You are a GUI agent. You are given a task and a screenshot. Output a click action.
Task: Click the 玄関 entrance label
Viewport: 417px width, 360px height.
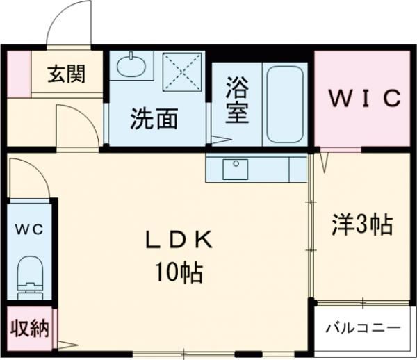[x=67, y=74]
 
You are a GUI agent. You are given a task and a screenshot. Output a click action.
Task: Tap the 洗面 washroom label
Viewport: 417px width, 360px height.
[x=154, y=119]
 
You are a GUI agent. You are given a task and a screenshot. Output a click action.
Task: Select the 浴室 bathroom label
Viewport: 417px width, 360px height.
[x=236, y=101]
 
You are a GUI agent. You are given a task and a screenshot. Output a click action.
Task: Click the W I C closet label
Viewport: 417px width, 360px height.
[x=365, y=98]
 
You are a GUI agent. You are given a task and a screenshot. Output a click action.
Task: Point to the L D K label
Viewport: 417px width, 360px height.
[x=177, y=240]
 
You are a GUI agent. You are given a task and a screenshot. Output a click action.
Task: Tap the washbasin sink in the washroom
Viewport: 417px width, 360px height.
[x=131, y=67]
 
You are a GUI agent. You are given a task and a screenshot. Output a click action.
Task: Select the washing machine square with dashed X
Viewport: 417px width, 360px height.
[x=183, y=72]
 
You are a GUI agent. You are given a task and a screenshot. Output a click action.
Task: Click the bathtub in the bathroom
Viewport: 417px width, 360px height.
[x=284, y=104]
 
